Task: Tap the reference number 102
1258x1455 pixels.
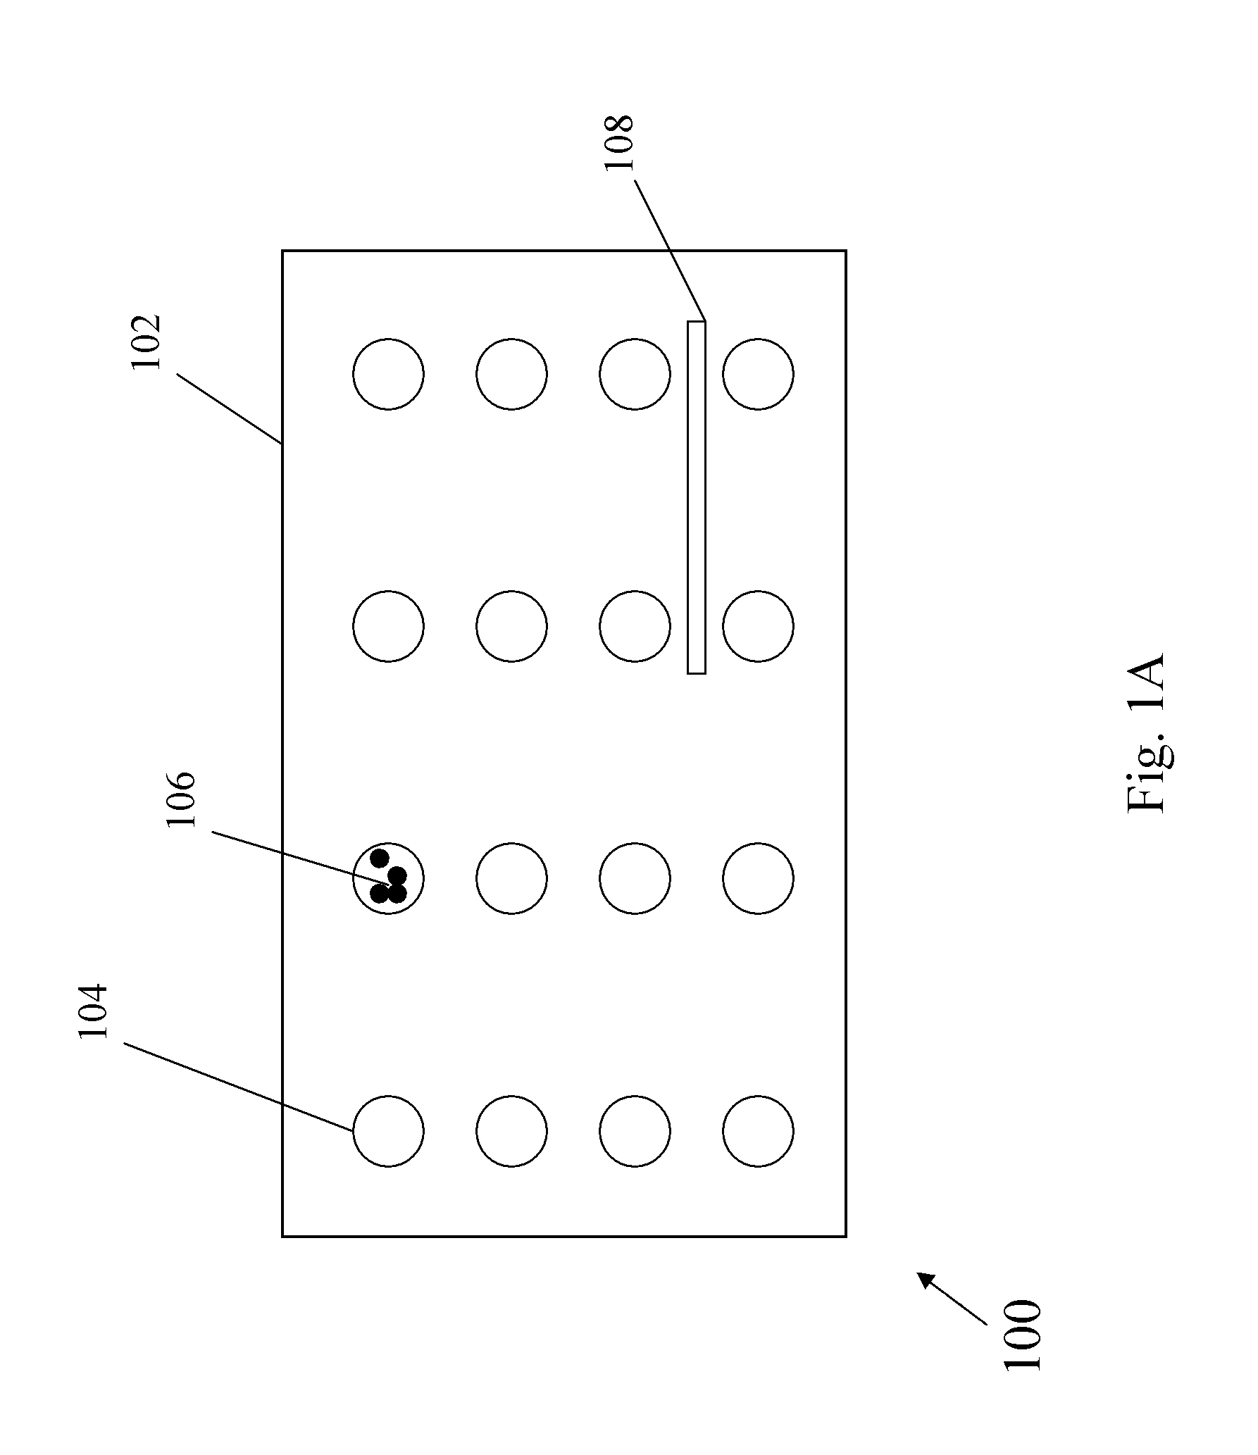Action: point(147,342)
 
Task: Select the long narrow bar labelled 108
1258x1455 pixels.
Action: point(696,497)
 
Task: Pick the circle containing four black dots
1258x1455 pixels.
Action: point(388,878)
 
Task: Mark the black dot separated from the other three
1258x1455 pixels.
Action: point(380,858)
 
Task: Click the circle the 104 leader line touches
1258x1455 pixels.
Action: point(388,1131)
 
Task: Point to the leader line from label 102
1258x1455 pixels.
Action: point(229,409)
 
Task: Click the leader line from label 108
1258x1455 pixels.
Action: point(669,251)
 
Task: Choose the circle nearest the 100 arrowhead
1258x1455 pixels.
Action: point(758,1131)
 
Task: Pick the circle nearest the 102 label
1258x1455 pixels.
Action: point(388,374)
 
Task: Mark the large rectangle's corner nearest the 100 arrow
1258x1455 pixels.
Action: point(845,1235)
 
